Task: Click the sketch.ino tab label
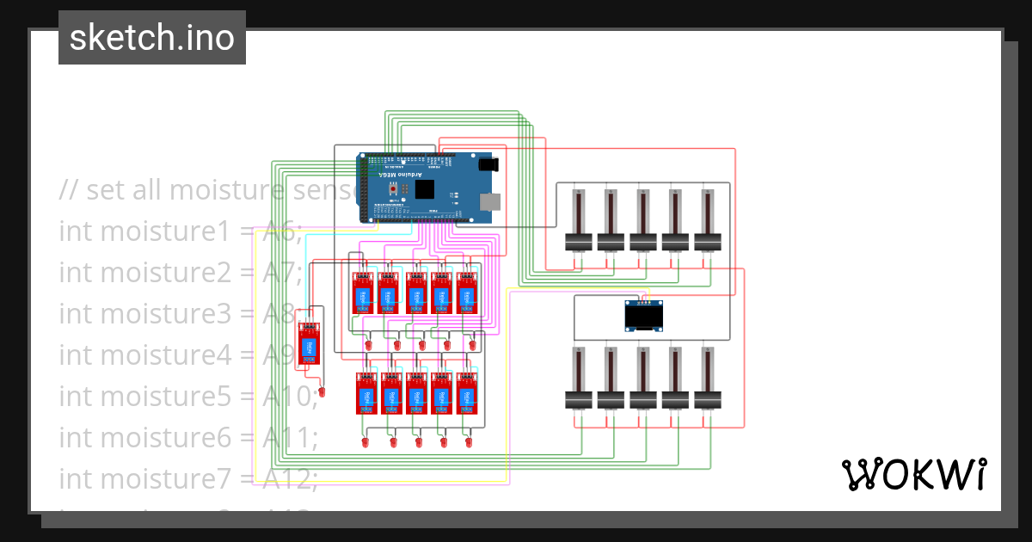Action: tap(152, 38)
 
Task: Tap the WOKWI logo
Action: tap(913, 474)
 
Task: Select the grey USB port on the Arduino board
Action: tap(489, 202)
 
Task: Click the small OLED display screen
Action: tap(642, 317)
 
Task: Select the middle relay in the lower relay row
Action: tap(415, 397)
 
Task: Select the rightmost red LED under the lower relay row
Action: tap(470, 442)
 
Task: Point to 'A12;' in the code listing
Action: tap(291, 477)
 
